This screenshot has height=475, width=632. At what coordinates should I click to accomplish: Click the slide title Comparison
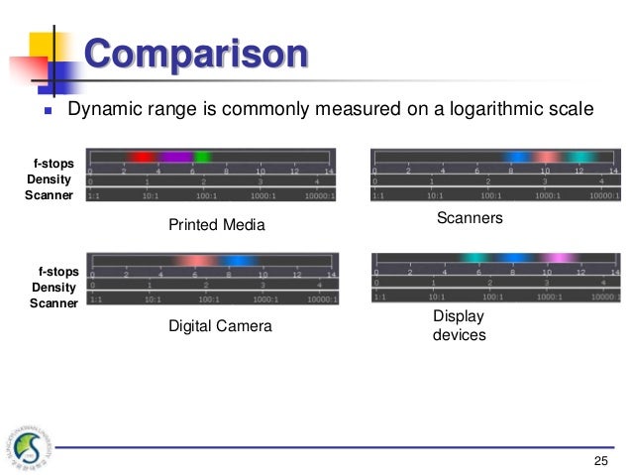tap(195, 53)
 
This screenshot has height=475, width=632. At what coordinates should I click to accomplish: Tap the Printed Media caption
tap(217, 225)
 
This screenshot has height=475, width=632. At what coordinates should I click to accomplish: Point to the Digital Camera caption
tap(219, 325)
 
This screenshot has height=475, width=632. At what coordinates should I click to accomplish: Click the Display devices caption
tap(460, 325)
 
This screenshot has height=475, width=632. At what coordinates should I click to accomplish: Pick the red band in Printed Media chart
tap(142, 157)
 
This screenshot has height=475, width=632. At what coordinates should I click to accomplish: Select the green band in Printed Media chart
tap(202, 157)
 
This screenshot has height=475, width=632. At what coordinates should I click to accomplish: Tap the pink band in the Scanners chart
tap(546, 157)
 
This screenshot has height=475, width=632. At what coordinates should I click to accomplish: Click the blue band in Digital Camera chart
tap(237, 261)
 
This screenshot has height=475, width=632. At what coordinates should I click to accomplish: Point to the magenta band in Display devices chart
tap(561, 258)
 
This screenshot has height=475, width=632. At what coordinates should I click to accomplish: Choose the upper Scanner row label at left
tap(49, 195)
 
